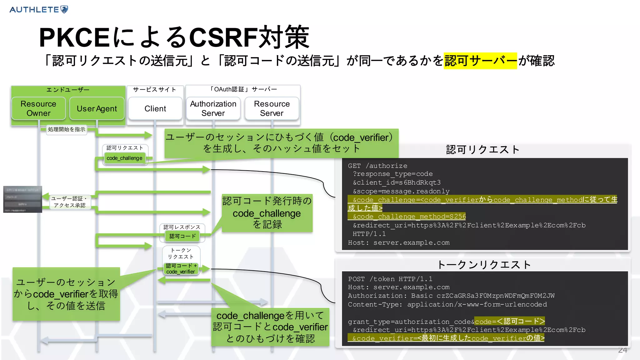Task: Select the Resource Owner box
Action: click(x=38, y=108)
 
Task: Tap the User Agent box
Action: click(x=97, y=108)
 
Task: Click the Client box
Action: click(x=155, y=108)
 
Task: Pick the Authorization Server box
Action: click(x=213, y=108)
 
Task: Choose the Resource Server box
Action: click(x=272, y=108)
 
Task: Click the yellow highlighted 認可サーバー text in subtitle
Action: click(x=480, y=61)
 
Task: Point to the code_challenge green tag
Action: click(x=124, y=158)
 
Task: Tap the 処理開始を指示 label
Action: click(x=67, y=129)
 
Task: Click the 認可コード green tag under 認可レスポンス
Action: click(x=182, y=236)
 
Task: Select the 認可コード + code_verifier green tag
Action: click(x=181, y=269)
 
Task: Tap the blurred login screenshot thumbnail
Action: click(x=22, y=199)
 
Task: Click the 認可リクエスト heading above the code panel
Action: click(x=482, y=150)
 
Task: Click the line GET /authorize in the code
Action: click(x=377, y=166)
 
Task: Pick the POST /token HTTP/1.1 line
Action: click(x=390, y=279)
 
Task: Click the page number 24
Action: click(x=622, y=350)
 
